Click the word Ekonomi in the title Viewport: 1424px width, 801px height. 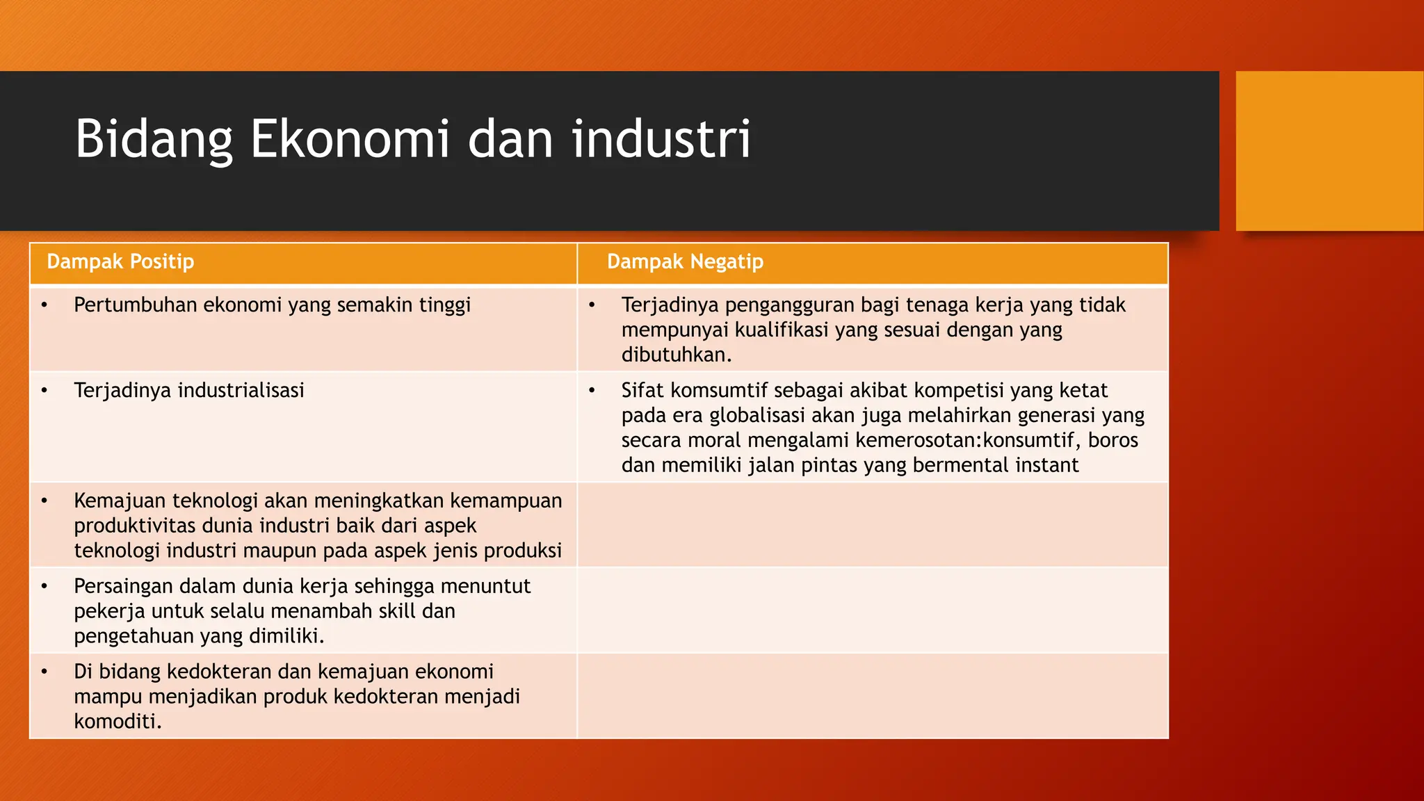tap(350, 139)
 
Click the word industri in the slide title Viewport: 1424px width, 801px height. tap(661, 139)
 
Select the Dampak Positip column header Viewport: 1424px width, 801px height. tap(120, 262)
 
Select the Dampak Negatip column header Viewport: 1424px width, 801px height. tap(685, 262)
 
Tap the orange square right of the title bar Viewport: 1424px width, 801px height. tap(1329, 151)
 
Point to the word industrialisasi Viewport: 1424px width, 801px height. tap(241, 391)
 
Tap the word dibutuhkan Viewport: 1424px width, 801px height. tap(675, 355)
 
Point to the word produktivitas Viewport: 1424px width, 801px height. tap(135, 526)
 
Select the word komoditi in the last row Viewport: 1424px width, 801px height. tap(116, 722)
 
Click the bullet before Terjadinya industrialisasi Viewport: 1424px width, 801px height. tap(44, 391)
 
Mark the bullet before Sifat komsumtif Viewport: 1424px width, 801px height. tap(592, 391)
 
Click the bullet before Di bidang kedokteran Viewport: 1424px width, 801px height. tap(44, 672)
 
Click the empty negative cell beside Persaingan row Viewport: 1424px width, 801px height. tap(872, 610)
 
